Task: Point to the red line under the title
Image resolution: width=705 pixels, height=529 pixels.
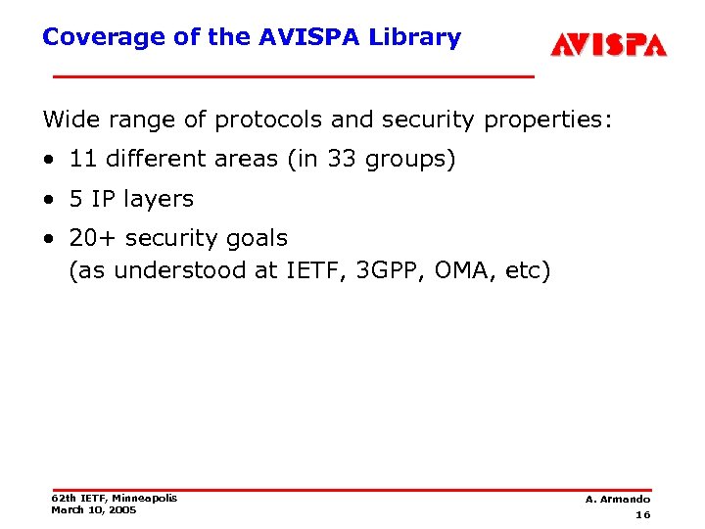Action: pyautogui.click(x=293, y=75)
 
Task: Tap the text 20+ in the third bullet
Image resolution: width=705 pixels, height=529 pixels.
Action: pyautogui.click(x=88, y=238)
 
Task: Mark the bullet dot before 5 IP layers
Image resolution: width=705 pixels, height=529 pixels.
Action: pyautogui.click(x=48, y=200)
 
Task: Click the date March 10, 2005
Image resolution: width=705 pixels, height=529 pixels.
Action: pyautogui.click(x=94, y=509)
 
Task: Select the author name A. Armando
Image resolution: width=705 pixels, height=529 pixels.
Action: pyautogui.click(x=618, y=500)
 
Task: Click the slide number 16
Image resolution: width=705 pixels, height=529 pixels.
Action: pyautogui.click(x=642, y=515)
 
